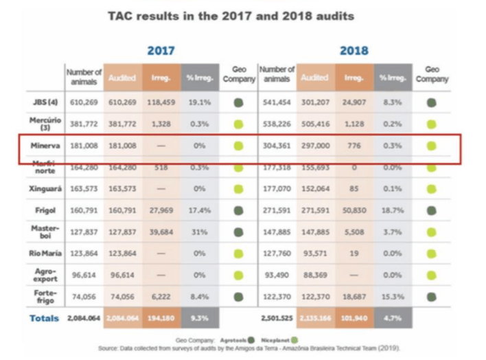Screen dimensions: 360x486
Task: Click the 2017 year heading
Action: pos(161,50)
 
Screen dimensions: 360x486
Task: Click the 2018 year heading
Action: pos(354,50)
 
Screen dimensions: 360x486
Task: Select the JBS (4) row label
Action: pos(46,102)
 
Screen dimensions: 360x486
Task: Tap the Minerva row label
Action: pos(46,146)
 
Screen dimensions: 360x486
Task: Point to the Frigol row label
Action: pos(46,210)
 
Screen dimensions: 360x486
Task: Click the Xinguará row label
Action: pos(45,188)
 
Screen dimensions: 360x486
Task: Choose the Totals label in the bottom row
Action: pos(45,319)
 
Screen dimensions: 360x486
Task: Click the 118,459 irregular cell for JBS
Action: pos(162,102)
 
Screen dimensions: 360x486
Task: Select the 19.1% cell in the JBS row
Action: pos(200,102)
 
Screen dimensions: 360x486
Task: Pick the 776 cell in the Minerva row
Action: pos(354,146)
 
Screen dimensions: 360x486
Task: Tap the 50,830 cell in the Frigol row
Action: pos(354,210)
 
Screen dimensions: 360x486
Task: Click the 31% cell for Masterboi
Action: pos(200,232)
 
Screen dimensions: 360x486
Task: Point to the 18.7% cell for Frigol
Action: pos(392,210)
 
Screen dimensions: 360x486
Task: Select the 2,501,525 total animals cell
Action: pos(277,319)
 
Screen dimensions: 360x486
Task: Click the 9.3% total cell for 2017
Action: pos(200,319)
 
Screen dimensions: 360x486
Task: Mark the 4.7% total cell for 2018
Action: pos(392,319)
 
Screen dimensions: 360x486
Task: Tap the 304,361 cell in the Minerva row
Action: pos(277,146)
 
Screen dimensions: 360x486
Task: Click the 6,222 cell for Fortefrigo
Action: pos(162,297)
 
